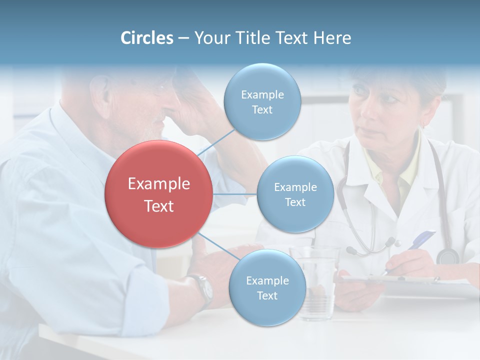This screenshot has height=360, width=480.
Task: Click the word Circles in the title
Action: coord(147,38)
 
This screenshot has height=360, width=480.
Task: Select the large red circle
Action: coord(158,194)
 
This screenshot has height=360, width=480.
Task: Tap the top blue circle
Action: coord(262,101)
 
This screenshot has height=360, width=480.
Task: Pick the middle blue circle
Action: coord(295,194)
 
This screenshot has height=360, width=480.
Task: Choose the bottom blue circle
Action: coord(267,287)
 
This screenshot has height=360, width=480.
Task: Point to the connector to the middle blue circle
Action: coord(234,194)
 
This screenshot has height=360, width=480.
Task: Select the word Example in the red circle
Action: coord(159,184)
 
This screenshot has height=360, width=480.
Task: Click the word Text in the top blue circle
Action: coord(262,109)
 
